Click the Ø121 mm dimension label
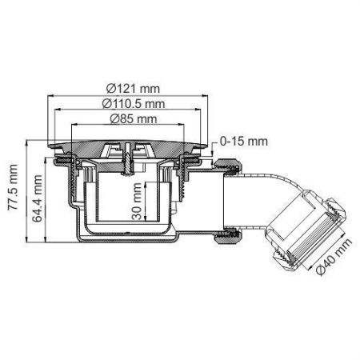[x=133, y=88]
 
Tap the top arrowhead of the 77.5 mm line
[x=26, y=145]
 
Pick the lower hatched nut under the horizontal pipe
[x=227, y=237]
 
